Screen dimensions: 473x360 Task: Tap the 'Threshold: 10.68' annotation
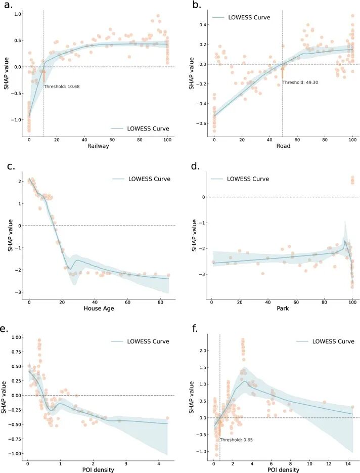pos(62,87)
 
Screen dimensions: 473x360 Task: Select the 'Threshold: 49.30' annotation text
pos(299,82)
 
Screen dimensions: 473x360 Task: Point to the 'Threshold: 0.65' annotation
pos(236,440)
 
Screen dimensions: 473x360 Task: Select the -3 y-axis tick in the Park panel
pos(203,274)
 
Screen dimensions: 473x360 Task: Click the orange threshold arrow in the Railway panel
pos(43,75)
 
